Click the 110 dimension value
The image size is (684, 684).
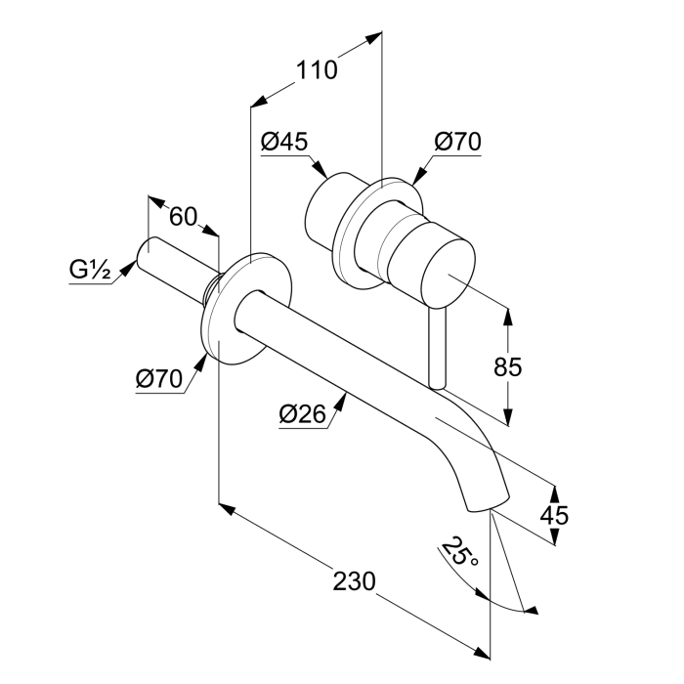tap(318, 70)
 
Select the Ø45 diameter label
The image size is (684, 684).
tap(284, 142)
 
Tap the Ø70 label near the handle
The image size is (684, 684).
tap(457, 142)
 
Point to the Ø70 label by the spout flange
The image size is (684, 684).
tap(159, 379)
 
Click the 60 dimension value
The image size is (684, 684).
tap(183, 217)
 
